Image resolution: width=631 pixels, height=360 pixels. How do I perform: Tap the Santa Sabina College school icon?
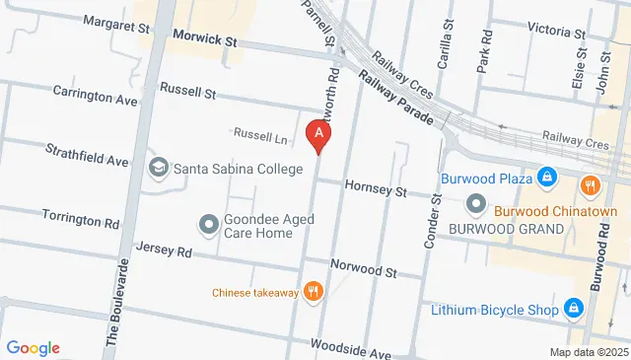tap(158, 169)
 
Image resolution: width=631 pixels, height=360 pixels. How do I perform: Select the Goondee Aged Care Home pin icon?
tap(208, 225)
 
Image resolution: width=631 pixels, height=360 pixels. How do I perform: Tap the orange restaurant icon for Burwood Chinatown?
tap(590, 184)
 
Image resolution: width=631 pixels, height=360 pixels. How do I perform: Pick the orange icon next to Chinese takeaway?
tap(314, 291)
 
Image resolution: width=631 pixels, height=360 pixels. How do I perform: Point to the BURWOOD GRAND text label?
tap(506, 229)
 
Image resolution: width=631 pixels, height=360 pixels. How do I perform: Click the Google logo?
tap(33, 347)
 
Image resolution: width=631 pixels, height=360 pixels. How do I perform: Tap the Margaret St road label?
tap(115, 21)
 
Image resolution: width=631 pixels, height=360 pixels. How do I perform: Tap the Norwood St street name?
tap(362, 269)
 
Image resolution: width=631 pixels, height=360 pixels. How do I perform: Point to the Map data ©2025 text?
tap(589, 352)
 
